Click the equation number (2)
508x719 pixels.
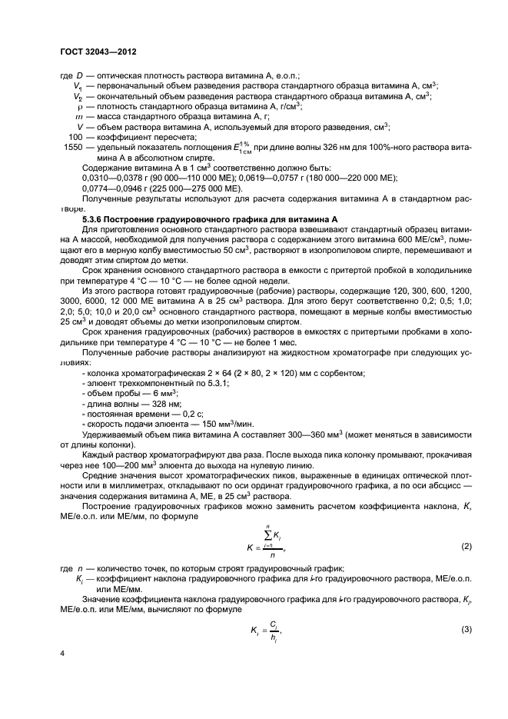pyautogui.click(x=466, y=546)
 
